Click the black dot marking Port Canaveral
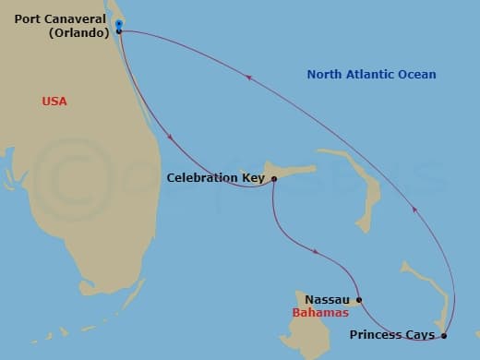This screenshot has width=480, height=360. (x=119, y=31)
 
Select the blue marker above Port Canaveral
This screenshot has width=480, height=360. (x=119, y=23)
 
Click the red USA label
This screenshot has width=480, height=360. (x=55, y=101)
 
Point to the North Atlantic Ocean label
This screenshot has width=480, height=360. (x=371, y=75)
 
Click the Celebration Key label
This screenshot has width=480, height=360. (x=215, y=178)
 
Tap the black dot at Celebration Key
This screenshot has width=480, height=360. (x=274, y=179)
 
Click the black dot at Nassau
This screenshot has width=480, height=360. (x=359, y=300)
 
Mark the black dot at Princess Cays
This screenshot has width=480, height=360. (x=444, y=335)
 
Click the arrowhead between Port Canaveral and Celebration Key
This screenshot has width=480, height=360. (x=172, y=138)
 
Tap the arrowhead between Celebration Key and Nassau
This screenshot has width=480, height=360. (x=318, y=251)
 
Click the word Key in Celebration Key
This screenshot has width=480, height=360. (x=252, y=178)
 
